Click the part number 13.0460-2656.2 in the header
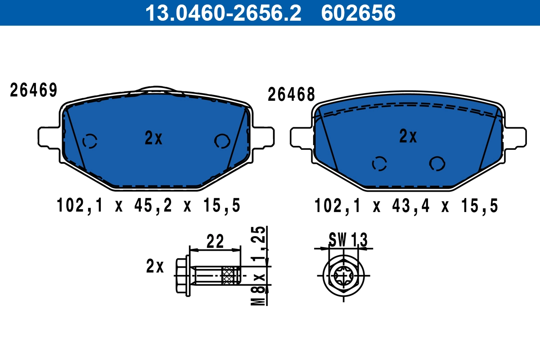tap(222, 13)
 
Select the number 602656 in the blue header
tap(358, 13)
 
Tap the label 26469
tap(34, 91)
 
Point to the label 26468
tap(291, 95)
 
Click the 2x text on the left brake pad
tap(153, 139)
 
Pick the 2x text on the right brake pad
tap(408, 136)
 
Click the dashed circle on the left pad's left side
tap(90, 141)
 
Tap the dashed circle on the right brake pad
tap(379, 164)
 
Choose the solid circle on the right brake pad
tap(437, 163)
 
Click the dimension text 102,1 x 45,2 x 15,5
tap(148, 206)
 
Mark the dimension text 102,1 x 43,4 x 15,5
tap(406, 206)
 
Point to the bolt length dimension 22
tap(215, 242)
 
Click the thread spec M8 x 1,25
tap(259, 266)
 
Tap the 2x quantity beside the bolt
tap(155, 266)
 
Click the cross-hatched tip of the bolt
tap(230, 275)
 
